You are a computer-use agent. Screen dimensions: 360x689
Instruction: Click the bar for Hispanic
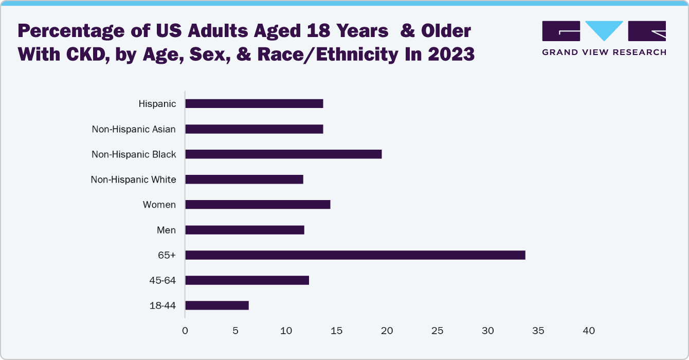(254, 104)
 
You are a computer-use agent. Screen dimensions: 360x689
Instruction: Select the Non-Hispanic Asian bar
(254, 129)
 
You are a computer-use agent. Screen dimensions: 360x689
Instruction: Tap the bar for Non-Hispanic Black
(283, 154)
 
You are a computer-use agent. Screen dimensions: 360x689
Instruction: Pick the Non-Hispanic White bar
(244, 179)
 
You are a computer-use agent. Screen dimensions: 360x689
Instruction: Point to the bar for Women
(258, 205)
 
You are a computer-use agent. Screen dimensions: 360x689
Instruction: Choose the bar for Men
(245, 230)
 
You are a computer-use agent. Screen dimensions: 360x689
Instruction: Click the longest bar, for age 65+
(355, 255)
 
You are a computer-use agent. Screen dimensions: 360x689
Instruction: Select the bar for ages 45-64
(247, 280)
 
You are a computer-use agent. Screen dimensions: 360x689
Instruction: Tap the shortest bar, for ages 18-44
(217, 305)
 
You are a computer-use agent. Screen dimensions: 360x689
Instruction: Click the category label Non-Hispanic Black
(134, 154)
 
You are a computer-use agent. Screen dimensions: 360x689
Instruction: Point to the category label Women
(159, 205)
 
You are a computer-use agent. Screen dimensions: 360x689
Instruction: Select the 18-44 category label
(162, 305)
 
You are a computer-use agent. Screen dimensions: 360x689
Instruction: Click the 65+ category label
(167, 255)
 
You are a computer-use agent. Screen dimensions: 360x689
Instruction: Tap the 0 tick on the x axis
(185, 331)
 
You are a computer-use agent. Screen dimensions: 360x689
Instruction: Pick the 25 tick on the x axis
(437, 331)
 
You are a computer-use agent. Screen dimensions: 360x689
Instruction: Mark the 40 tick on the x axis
(589, 331)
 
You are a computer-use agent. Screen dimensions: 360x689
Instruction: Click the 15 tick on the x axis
(336, 331)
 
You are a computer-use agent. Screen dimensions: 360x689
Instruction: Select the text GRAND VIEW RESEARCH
(604, 52)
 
